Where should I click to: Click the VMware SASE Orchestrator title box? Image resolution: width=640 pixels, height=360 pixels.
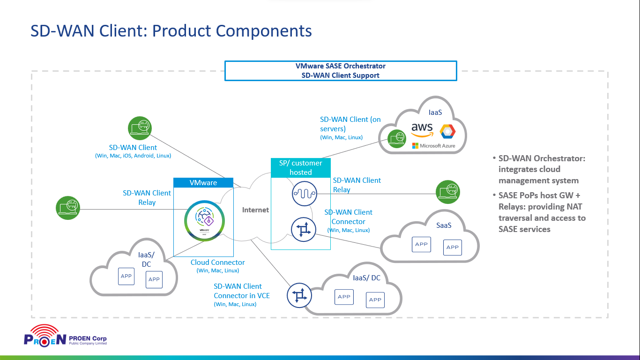pyautogui.click(x=341, y=71)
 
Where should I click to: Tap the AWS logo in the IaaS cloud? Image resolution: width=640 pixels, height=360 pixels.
pyautogui.click(x=422, y=130)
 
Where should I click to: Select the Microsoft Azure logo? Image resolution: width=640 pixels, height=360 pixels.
pyautogui.click(x=433, y=146)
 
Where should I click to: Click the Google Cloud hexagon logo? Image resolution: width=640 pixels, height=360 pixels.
pyautogui.click(x=447, y=131)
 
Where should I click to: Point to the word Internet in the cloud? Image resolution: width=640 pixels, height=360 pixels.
pyautogui.click(x=255, y=210)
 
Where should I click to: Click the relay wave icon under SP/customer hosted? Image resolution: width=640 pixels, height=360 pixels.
pyautogui.click(x=304, y=193)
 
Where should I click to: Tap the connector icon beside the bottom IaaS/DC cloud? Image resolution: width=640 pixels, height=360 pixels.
pyautogui.click(x=299, y=295)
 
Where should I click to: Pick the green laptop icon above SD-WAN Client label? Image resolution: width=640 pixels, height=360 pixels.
pyautogui.click(x=140, y=128)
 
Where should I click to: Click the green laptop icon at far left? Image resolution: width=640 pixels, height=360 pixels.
pyautogui.click(x=68, y=208)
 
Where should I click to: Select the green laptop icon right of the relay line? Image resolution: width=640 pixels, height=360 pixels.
pyautogui.click(x=448, y=192)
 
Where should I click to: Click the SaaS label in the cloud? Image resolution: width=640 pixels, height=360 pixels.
pyautogui.click(x=444, y=225)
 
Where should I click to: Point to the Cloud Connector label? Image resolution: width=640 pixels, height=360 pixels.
pyautogui.click(x=217, y=262)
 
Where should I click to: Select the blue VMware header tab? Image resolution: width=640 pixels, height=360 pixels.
pyautogui.click(x=203, y=183)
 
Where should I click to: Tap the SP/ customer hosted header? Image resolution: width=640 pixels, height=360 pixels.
pyautogui.click(x=300, y=168)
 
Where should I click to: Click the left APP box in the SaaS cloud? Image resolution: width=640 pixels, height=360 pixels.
pyautogui.click(x=421, y=244)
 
